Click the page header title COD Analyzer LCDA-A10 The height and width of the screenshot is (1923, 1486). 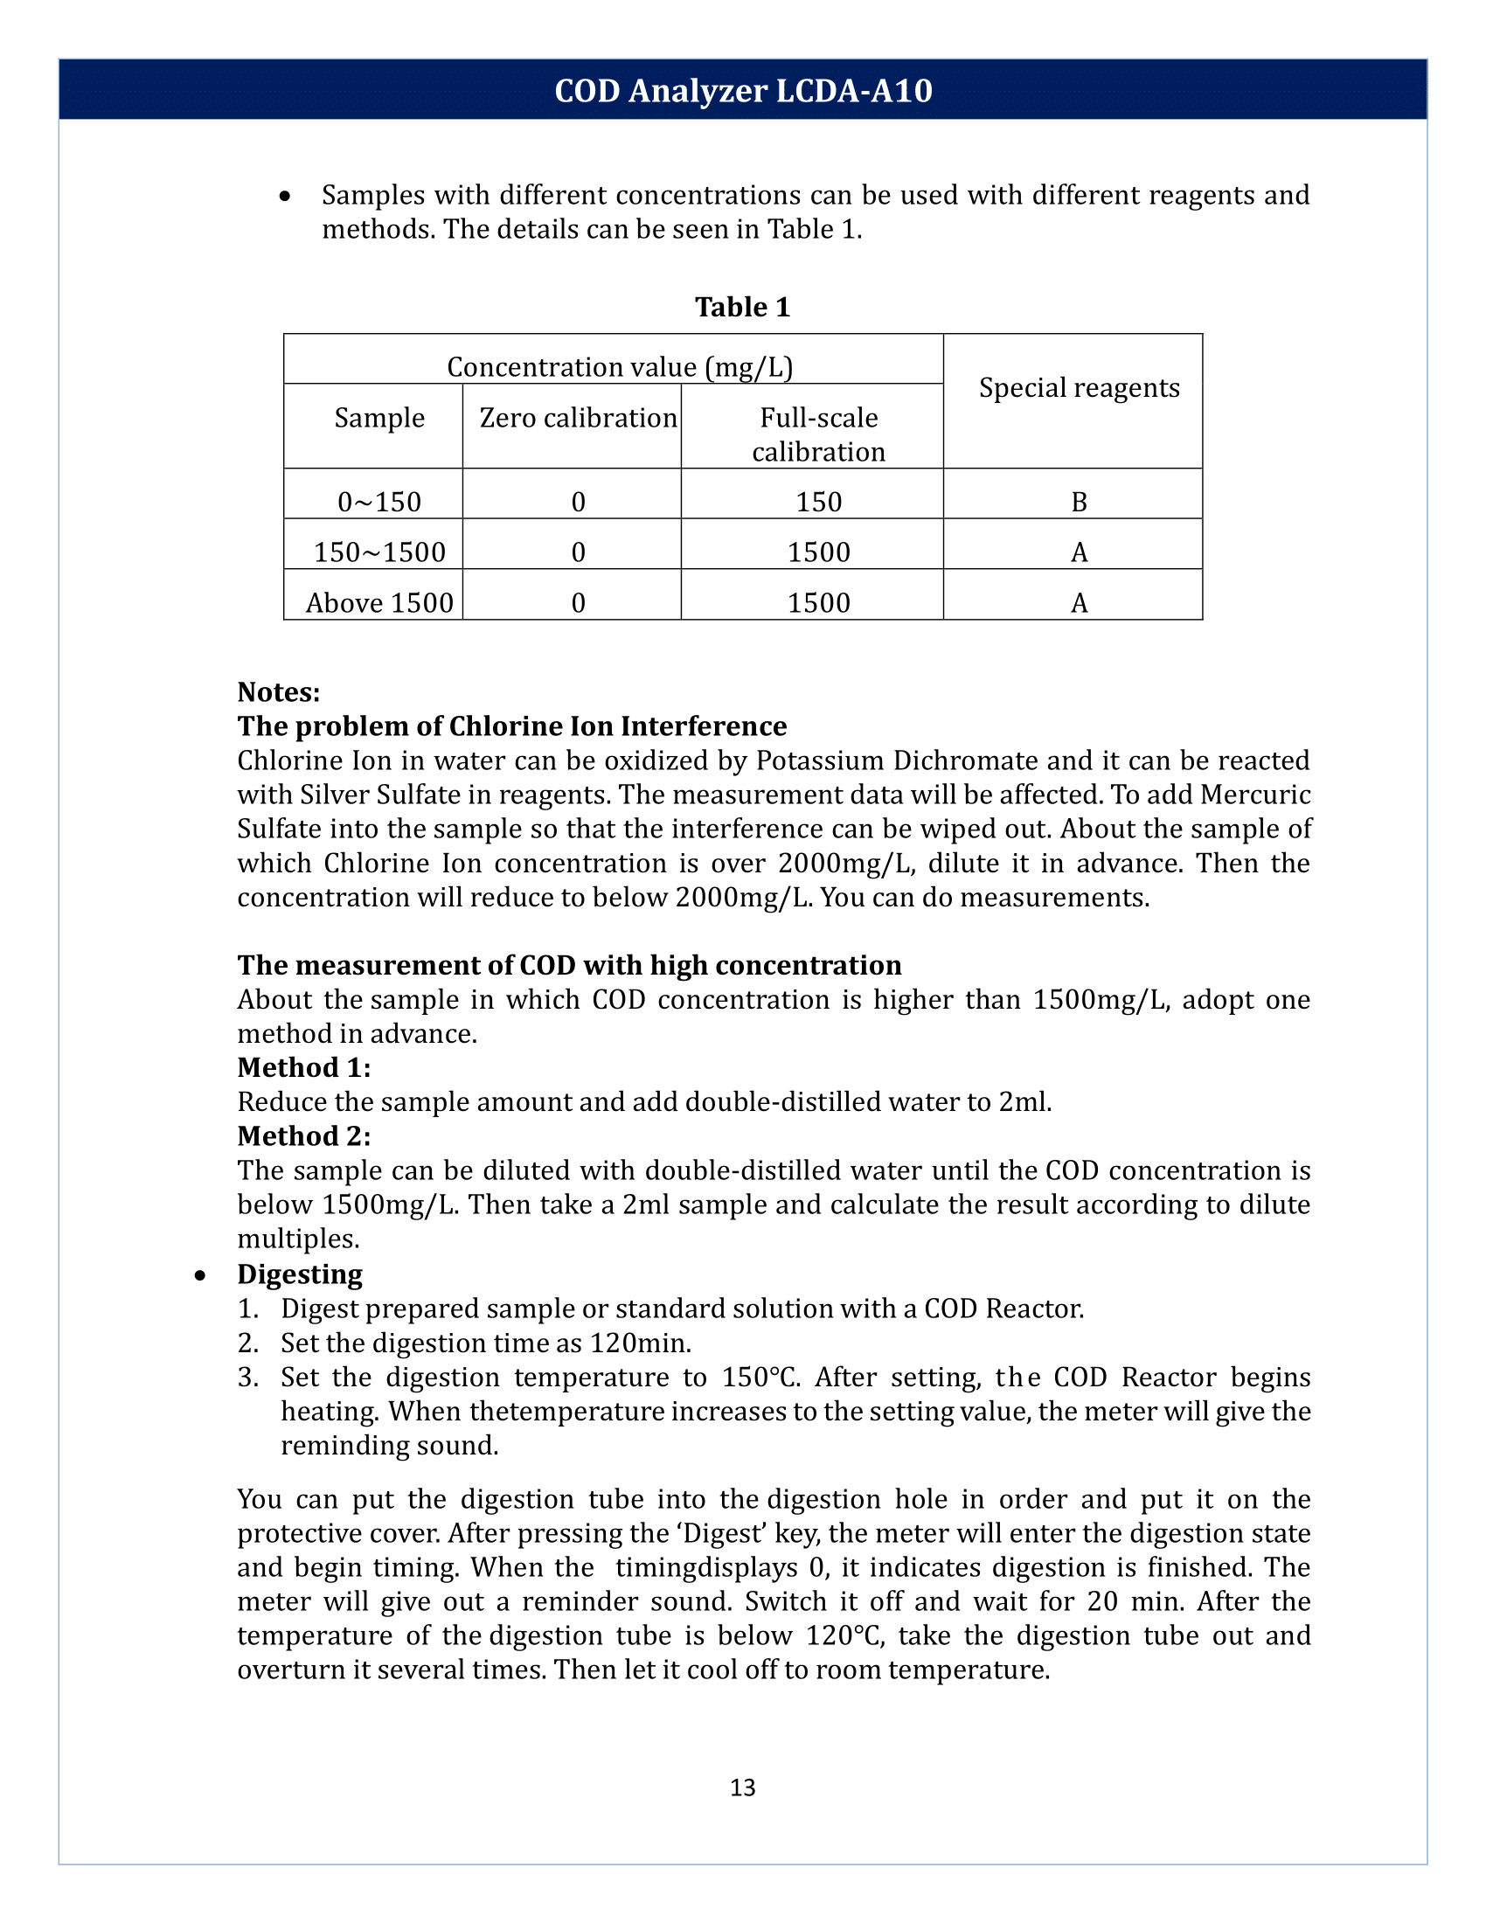743,91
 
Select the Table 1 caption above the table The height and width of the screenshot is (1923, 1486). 742,307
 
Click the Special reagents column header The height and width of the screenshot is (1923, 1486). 1079,387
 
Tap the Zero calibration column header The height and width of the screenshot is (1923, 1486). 578,417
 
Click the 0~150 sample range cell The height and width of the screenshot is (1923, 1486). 379,502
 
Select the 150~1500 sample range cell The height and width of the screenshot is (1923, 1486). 379,552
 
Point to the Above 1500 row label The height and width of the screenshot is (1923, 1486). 379,603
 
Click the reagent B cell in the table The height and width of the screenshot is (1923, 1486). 1079,502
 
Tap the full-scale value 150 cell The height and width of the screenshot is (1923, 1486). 818,502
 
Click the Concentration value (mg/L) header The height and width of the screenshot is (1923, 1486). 620,366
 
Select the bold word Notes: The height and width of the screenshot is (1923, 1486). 278,692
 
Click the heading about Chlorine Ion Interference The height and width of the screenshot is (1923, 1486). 511,725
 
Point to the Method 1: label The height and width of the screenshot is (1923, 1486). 303,1067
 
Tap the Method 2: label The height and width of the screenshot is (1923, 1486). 303,1135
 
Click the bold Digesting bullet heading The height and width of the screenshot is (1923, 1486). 299,1274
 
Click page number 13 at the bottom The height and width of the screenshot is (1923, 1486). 742,1787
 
